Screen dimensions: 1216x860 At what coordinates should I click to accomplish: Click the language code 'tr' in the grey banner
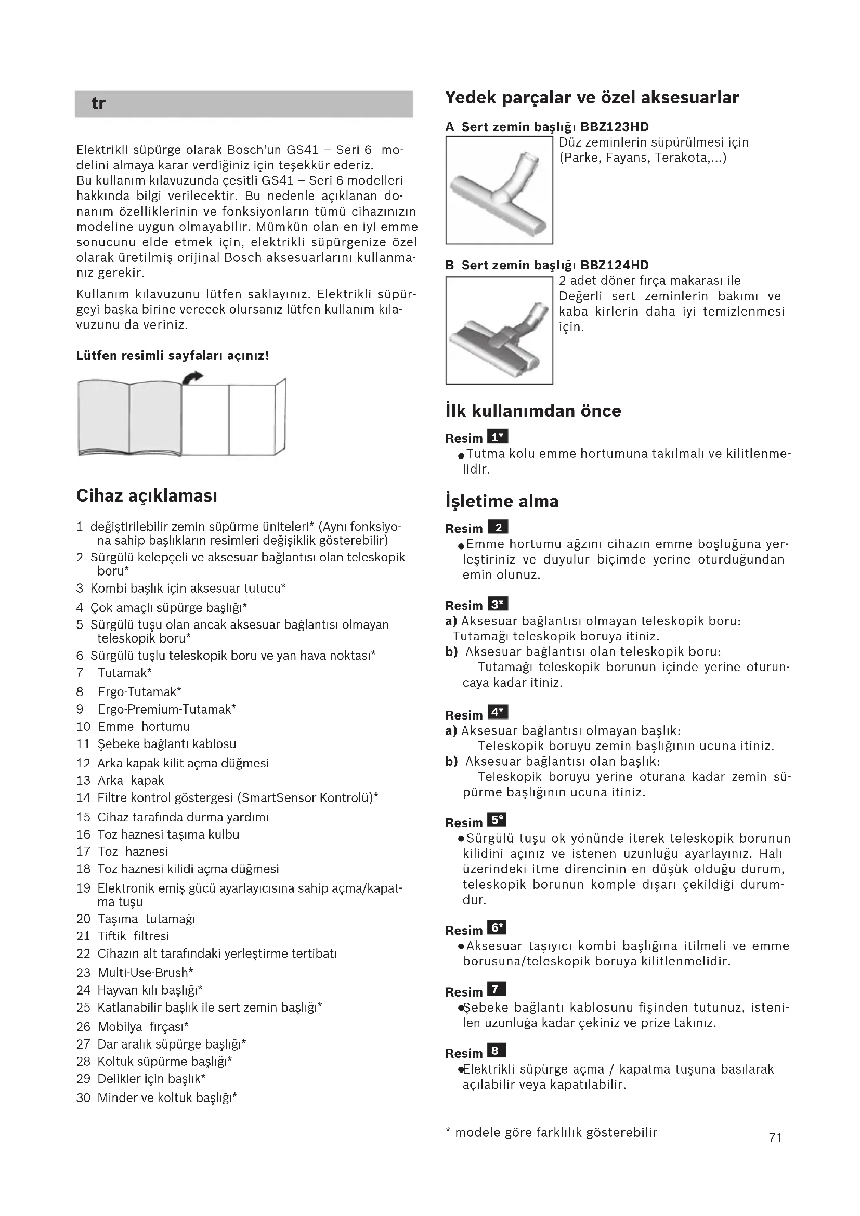pyautogui.click(x=98, y=104)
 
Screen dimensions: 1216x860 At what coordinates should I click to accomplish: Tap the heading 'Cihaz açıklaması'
pyautogui.click(x=147, y=496)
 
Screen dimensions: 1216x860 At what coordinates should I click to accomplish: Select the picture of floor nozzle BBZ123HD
pyautogui.click(x=499, y=191)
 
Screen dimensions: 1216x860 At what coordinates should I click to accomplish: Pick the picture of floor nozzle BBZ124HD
pyautogui.click(x=499, y=331)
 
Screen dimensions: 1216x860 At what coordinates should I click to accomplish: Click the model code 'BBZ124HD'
pyautogui.click(x=614, y=265)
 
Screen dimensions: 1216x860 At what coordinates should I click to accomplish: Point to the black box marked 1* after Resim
pyautogui.click(x=497, y=437)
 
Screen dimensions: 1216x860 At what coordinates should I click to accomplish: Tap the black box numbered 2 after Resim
pyautogui.click(x=497, y=528)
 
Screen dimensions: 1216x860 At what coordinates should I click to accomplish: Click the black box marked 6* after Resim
pyautogui.click(x=497, y=928)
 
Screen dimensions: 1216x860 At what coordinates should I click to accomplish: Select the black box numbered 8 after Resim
pyautogui.click(x=496, y=1051)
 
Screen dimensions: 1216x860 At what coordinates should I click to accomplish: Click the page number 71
pyautogui.click(x=776, y=1137)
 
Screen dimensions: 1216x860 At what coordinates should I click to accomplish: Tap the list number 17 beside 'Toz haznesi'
pyautogui.click(x=84, y=852)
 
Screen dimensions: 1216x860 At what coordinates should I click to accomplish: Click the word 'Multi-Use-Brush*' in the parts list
pyautogui.click(x=145, y=973)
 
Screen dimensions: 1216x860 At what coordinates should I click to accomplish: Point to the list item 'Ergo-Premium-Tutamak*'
pyautogui.click(x=167, y=709)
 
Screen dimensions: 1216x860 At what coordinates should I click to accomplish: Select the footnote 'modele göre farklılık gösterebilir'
pyautogui.click(x=556, y=1133)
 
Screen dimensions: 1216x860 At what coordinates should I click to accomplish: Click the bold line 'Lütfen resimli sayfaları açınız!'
pyautogui.click(x=173, y=356)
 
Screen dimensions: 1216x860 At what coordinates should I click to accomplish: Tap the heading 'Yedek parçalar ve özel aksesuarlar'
pyautogui.click(x=592, y=98)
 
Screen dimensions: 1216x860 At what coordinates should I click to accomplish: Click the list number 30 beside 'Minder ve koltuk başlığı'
pyautogui.click(x=84, y=1098)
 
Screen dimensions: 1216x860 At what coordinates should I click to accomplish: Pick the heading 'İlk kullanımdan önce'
pyautogui.click(x=533, y=412)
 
